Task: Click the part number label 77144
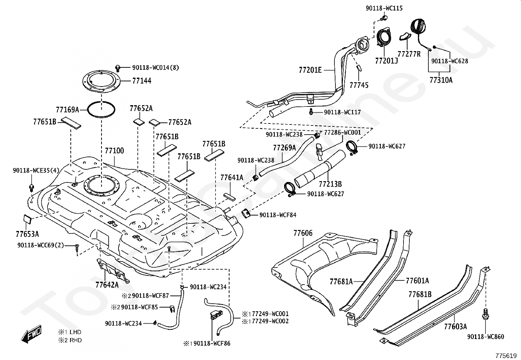(x=142, y=81)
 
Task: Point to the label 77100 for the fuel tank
(x=114, y=151)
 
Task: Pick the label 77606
(x=303, y=233)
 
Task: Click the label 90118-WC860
(x=486, y=336)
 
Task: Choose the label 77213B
(x=330, y=184)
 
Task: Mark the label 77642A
(x=107, y=284)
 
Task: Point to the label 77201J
(x=386, y=61)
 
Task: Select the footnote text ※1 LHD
(x=69, y=332)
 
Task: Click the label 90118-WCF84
(x=278, y=215)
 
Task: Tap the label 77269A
(x=284, y=148)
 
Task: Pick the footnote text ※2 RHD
(x=70, y=340)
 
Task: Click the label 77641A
(x=232, y=178)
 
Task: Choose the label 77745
(x=359, y=85)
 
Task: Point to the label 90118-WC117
(x=342, y=112)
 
